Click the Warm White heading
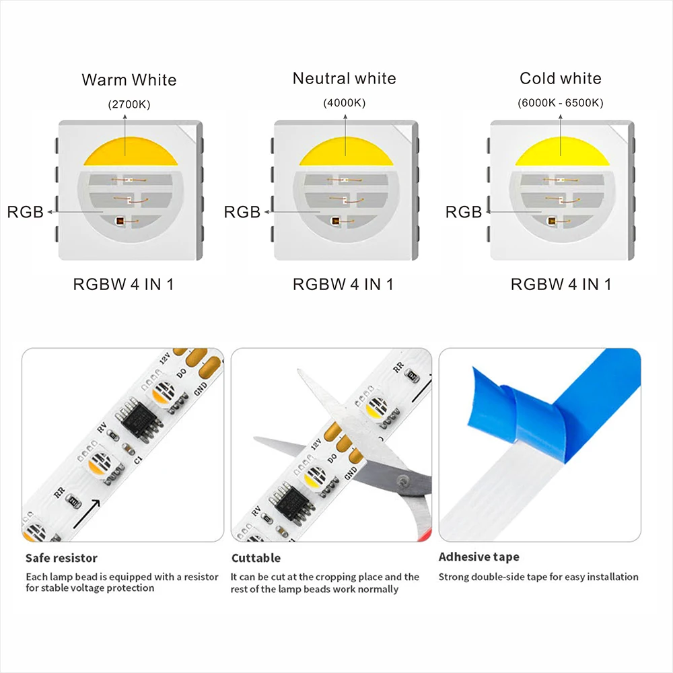129,80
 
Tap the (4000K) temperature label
345,104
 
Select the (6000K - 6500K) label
561,104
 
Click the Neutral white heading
345,79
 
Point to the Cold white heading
561,79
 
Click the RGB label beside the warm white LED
26,213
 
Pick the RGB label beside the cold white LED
464,213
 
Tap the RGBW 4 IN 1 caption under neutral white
343,284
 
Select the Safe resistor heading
61,558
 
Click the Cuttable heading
256,558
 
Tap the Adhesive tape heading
479,557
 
